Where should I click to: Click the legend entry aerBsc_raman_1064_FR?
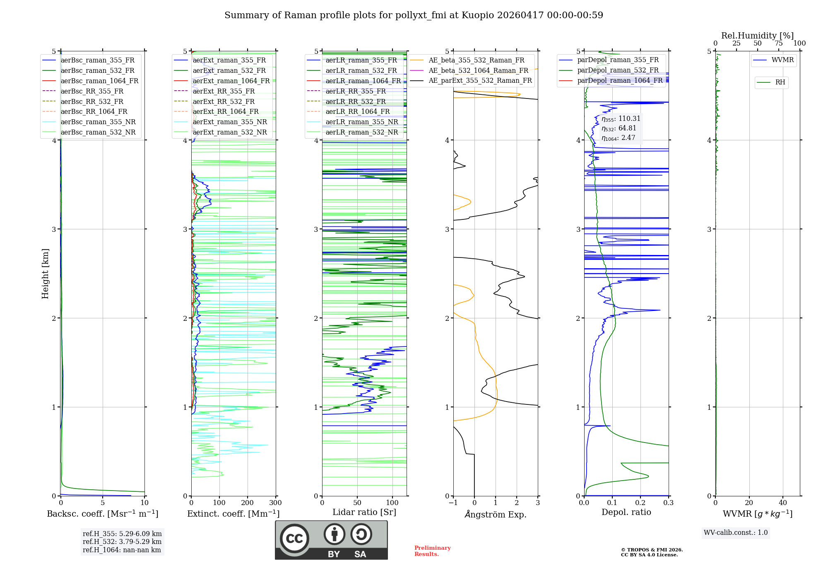click(99, 81)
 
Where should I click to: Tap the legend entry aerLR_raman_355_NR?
click(361, 122)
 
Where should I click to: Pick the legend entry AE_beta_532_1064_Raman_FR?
click(478, 71)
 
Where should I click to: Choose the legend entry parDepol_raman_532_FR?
click(618, 70)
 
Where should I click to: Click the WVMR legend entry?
click(782, 60)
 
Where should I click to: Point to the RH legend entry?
click(780, 82)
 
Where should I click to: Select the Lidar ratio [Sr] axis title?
click(364, 512)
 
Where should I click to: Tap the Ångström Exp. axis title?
click(496, 515)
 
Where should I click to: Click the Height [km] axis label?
click(45, 274)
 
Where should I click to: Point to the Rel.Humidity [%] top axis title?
click(757, 36)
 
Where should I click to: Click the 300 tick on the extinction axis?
click(275, 503)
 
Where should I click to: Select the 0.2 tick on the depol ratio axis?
click(640, 503)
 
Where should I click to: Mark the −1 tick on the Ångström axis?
click(453, 503)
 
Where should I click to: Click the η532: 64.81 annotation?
click(619, 128)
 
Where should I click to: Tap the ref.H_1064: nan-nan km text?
click(122, 550)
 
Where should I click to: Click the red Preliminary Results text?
click(432, 551)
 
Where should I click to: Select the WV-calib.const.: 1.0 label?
click(736, 533)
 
